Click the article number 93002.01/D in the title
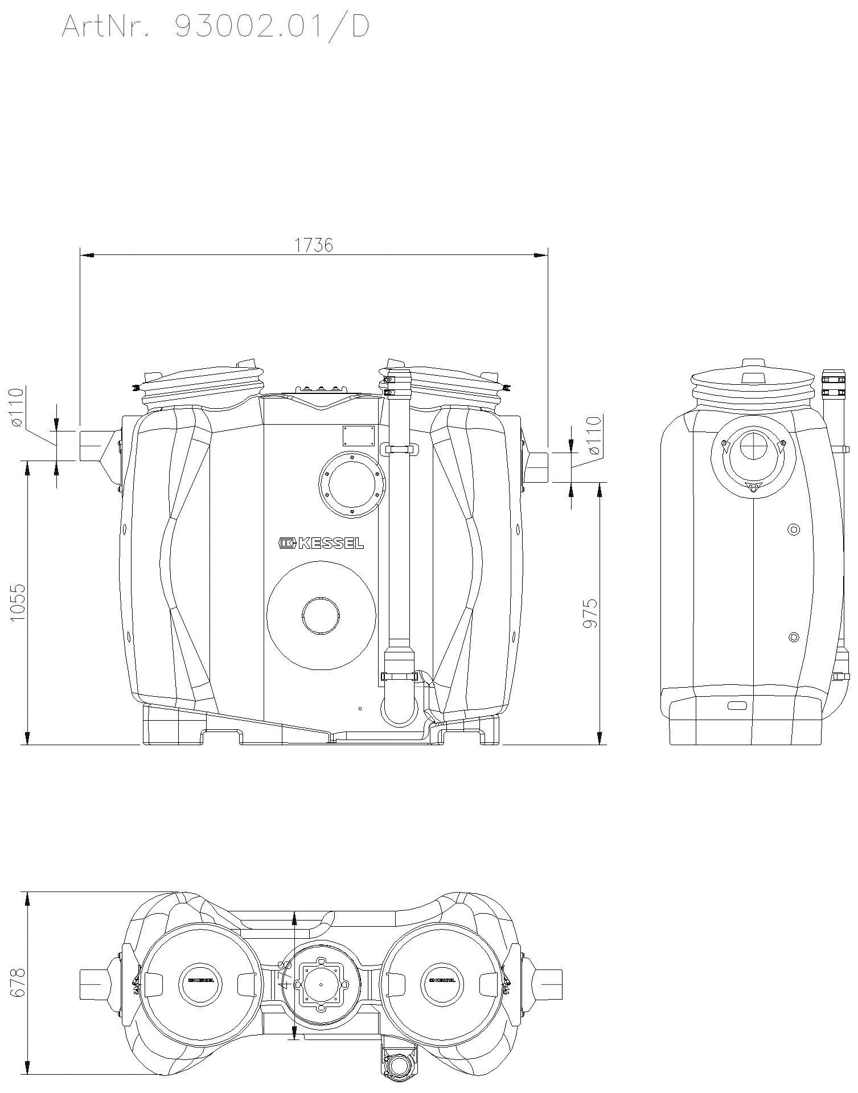click(x=272, y=26)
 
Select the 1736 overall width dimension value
click(x=314, y=245)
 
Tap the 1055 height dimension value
click(x=18, y=602)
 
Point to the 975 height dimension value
click(x=590, y=613)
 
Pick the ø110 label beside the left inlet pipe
click(x=16, y=408)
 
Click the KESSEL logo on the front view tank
click(x=321, y=544)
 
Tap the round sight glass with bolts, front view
click(x=353, y=484)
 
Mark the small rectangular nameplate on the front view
click(x=358, y=436)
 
